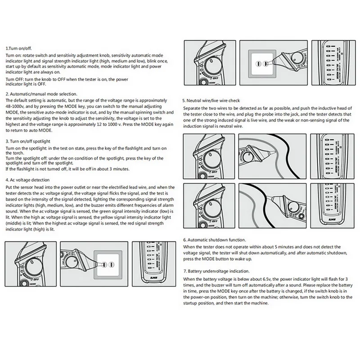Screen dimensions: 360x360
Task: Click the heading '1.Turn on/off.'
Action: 18,47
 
